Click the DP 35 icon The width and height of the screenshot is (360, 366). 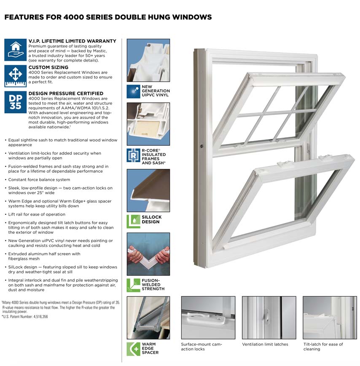point(15,102)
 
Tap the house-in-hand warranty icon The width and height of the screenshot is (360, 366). point(15,50)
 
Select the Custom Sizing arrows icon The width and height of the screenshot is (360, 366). point(15,76)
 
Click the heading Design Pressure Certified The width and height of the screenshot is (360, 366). point(66,93)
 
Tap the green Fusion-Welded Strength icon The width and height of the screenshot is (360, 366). point(133,285)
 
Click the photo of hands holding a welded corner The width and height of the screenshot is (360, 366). point(148,254)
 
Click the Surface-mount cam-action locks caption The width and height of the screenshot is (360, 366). point(201,347)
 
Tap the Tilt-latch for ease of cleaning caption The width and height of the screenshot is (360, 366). point(323,347)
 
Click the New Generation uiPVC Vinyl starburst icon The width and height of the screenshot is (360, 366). point(133,91)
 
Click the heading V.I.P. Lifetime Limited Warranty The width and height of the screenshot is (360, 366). point(72,41)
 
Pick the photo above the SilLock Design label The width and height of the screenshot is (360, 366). point(148,190)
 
